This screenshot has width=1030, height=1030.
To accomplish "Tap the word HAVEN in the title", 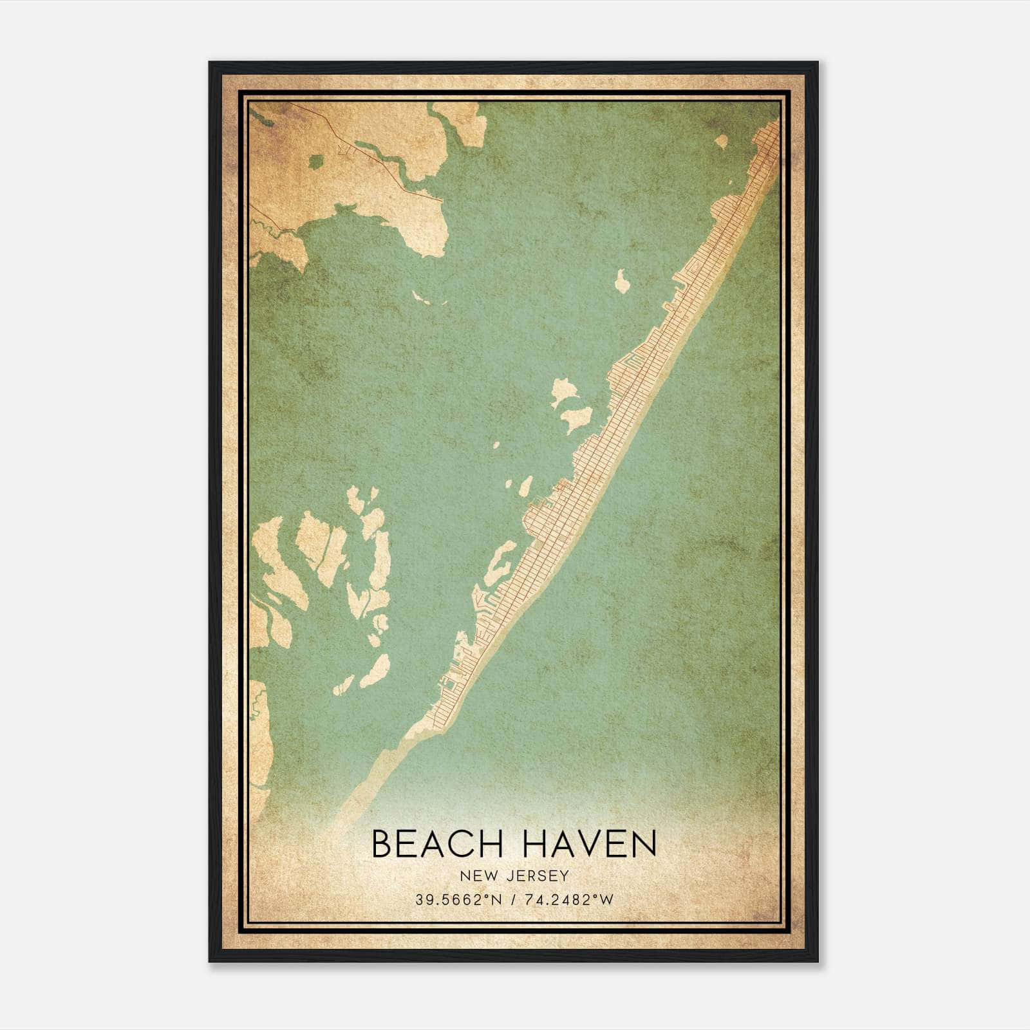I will point(588,843).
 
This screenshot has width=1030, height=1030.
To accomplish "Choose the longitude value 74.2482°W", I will point(570,900).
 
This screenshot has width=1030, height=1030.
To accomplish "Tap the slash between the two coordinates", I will point(512,900).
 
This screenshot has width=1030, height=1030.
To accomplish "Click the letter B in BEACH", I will point(382,843).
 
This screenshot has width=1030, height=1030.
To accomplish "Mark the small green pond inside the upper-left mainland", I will point(317,161).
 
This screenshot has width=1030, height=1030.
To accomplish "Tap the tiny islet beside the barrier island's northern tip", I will point(721,141).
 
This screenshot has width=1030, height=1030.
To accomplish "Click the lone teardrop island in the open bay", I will point(623,281).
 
